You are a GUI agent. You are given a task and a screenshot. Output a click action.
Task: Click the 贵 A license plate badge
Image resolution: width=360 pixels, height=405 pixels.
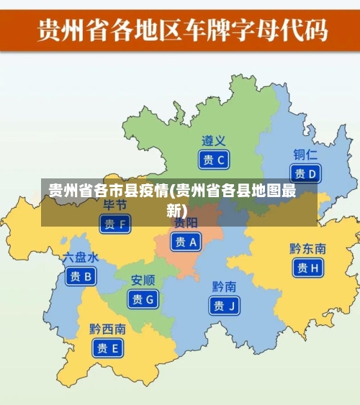186,242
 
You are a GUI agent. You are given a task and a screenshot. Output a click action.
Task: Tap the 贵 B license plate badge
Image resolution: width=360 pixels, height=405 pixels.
81,276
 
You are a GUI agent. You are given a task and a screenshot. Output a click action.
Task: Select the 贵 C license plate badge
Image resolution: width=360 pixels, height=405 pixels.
214,160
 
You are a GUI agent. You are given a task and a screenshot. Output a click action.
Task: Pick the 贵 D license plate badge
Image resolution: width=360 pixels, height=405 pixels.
305,173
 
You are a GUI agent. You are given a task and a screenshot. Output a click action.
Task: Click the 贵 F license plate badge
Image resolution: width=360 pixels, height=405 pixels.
114,224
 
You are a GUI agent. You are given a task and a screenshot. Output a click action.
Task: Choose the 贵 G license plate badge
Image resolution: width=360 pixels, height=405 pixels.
143,299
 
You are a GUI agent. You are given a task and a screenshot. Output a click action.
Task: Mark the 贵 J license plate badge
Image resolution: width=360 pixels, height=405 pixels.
224,305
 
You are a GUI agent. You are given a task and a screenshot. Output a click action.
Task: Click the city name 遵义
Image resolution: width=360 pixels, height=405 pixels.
214,141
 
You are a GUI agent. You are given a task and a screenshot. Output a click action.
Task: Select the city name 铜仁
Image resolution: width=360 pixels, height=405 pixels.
305,155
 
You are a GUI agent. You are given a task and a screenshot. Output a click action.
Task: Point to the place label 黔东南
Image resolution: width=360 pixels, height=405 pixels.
307,249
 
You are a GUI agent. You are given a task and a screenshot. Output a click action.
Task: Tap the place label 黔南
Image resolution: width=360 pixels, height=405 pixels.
224,286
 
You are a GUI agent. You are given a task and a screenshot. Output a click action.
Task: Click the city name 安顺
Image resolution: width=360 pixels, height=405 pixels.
143,280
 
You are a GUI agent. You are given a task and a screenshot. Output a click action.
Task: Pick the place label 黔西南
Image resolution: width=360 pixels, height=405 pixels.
107,329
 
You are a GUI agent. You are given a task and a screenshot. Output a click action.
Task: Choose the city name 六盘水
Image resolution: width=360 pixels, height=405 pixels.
81,257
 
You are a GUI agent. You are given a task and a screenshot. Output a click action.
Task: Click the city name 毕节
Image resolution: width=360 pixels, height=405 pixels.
114,206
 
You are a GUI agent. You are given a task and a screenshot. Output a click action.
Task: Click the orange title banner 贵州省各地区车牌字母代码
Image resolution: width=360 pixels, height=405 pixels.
180,31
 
